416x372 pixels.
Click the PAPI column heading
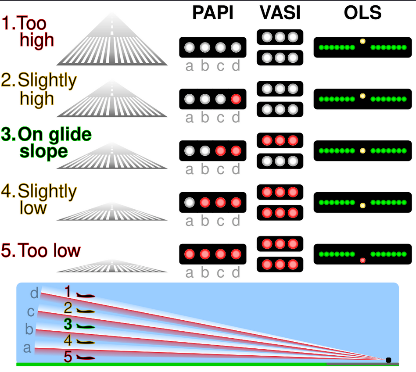click(x=213, y=12)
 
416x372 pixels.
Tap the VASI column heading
click(x=280, y=12)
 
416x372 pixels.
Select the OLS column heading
click(x=362, y=12)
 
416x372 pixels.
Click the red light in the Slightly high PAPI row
click(x=236, y=99)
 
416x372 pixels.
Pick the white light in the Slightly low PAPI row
click(x=190, y=203)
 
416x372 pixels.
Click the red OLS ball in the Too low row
click(x=362, y=261)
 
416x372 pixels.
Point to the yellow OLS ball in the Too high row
click(x=362, y=41)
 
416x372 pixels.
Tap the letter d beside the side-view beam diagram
click(x=34, y=293)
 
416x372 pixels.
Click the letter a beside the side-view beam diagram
click(x=27, y=348)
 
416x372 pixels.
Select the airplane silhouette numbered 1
click(x=86, y=295)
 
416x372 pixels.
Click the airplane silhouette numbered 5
click(x=86, y=358)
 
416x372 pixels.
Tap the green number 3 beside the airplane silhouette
click(x=68, y=324)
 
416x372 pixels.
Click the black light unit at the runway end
click(x=388, y=360)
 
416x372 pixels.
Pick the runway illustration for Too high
click(x=112, y=39)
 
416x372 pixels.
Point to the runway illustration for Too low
click(x=112, y=266)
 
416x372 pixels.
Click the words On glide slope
click(x=47, y=143)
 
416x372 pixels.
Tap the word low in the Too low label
click(x=67, y=250)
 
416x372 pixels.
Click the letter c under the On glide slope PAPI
click(x=220, y=170)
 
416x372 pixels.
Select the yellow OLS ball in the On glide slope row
click(x=362, y=151)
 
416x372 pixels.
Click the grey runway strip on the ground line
click(x=362, y=364)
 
